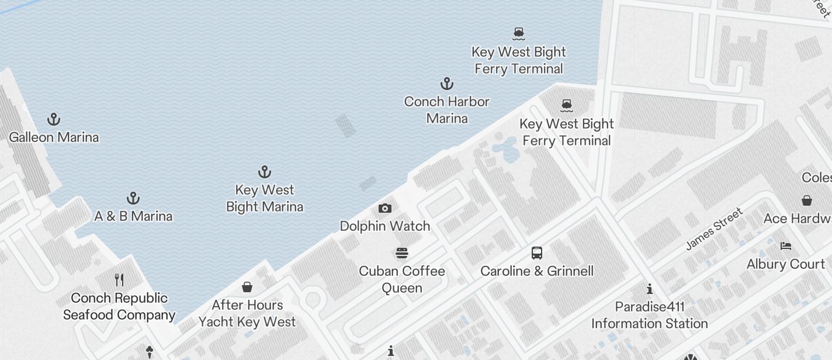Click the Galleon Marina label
(54, 137)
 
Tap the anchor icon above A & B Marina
(133, 198)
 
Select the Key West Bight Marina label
(265, 198)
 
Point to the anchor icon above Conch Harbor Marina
(447, 84)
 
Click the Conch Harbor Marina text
(447, 110)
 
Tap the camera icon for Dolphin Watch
(385, 208)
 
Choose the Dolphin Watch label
(385, 226)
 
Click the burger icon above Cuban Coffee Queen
(402, 253)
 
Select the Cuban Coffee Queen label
(402, 279)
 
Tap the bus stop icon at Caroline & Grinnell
(537, 253)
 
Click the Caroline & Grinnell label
(537, 271)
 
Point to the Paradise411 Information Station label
(649, 315)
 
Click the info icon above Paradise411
(650, 289)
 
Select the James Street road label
(714, 229)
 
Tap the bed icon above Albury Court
(786, 246)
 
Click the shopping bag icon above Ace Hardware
(806, 200)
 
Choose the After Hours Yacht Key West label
(247, 313)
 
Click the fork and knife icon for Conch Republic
(119, 279)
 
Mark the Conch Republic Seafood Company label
(119, 306)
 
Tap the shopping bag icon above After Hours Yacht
(247, 287)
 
